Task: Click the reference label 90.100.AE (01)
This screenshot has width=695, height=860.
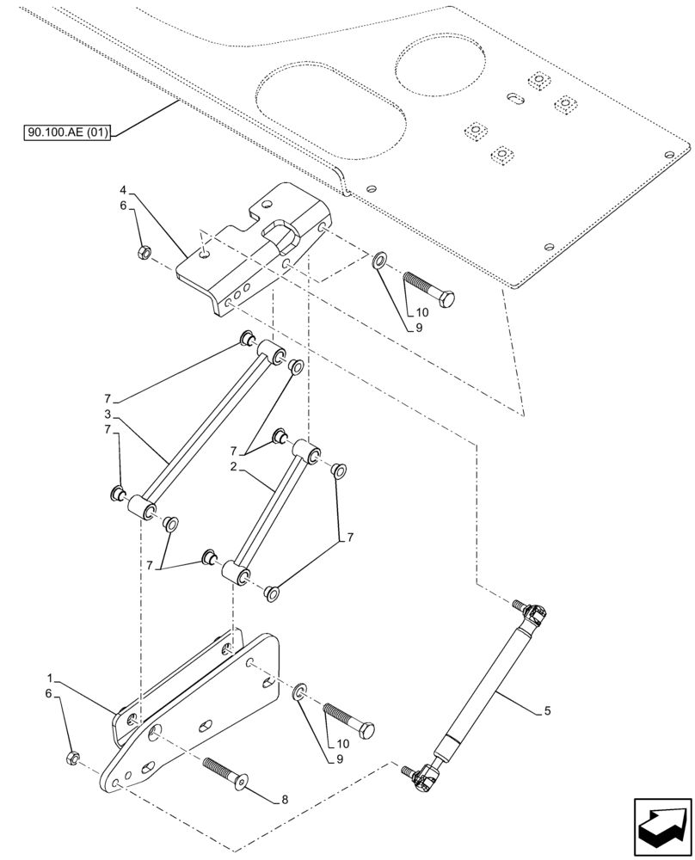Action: pos(68,132)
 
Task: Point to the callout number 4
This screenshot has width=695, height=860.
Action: pos(124,190)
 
